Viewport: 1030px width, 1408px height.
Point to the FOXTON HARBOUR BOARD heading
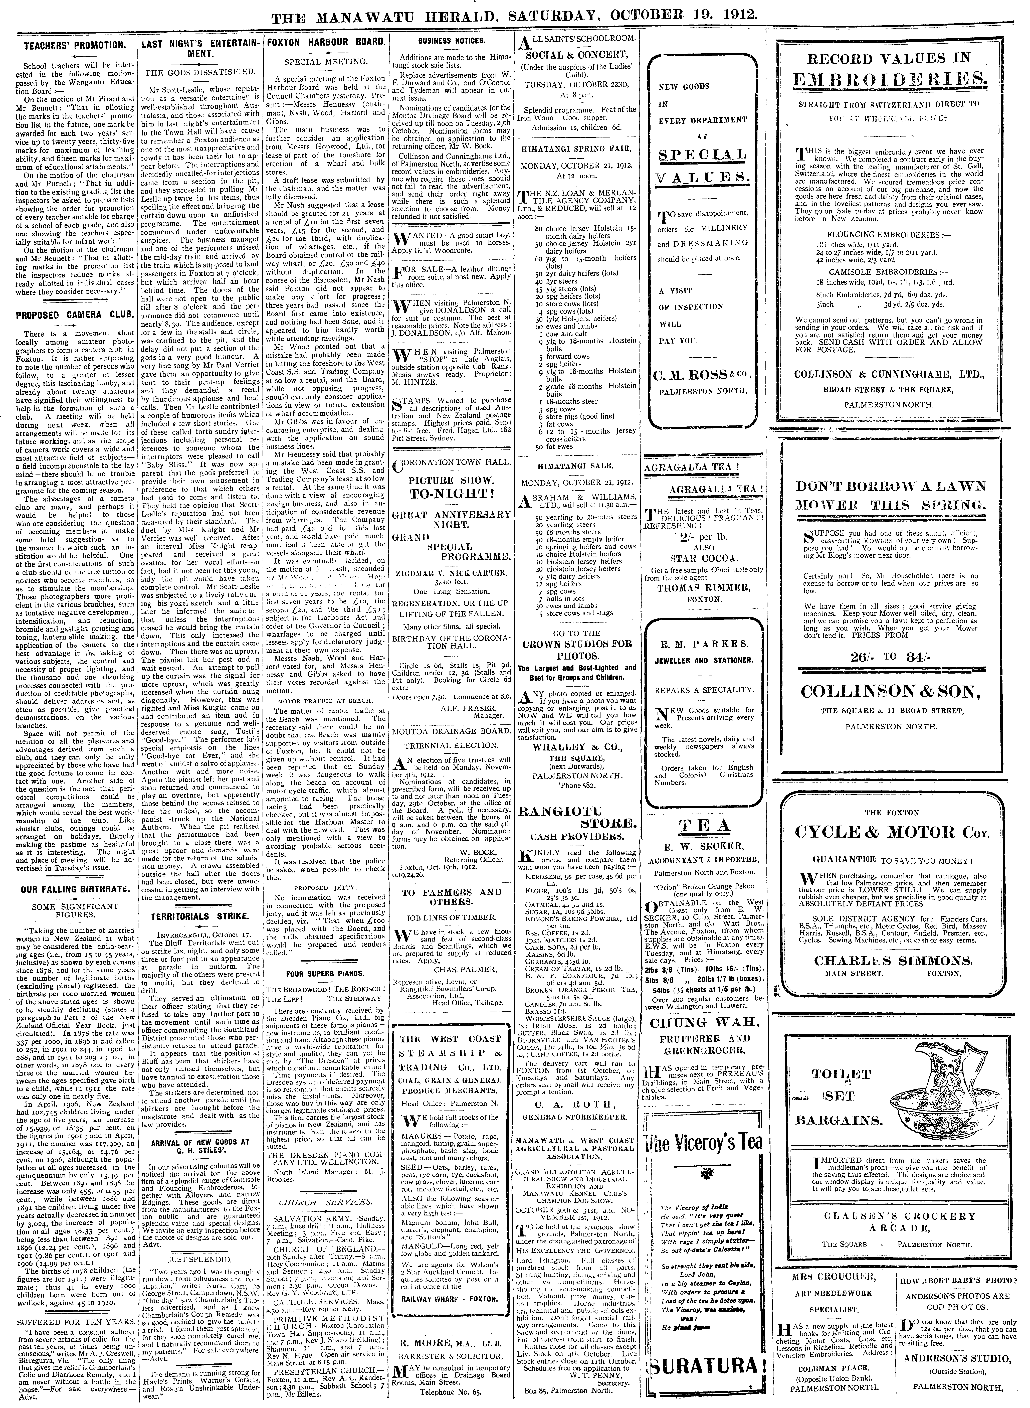(326, 44)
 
